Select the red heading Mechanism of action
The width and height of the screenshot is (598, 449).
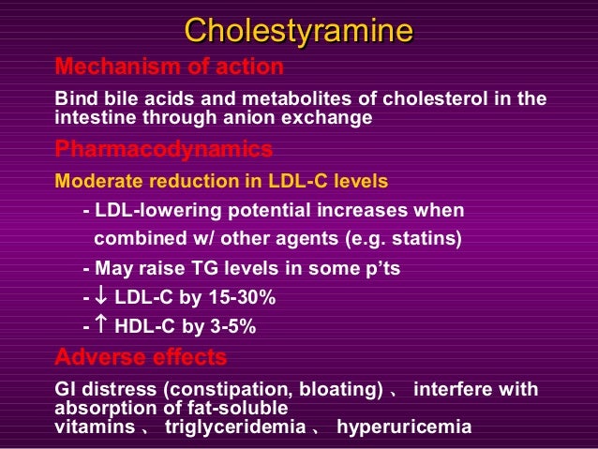(169, 67)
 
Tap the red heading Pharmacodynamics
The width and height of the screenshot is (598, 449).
(164, 149)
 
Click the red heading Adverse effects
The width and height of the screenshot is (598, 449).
(141, 357)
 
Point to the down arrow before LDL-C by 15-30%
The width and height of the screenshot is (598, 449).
(102, 298)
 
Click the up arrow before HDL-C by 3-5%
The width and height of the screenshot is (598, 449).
(102, 327)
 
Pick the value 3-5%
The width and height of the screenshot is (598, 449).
(231, 327)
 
